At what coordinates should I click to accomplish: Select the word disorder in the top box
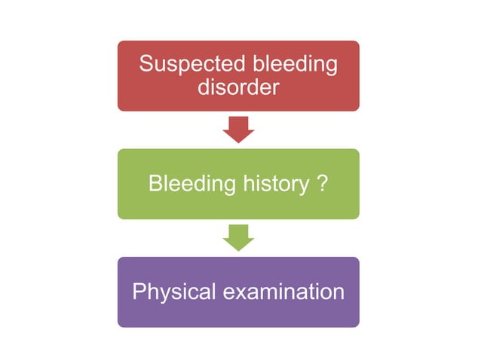pos(238,87)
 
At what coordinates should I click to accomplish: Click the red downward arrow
pos(238,130)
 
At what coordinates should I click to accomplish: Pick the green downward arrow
pos(238,238)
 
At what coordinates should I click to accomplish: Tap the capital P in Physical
pos(139,292)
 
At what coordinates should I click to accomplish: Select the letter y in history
pos(307,186)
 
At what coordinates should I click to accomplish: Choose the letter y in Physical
pos(161,294)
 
